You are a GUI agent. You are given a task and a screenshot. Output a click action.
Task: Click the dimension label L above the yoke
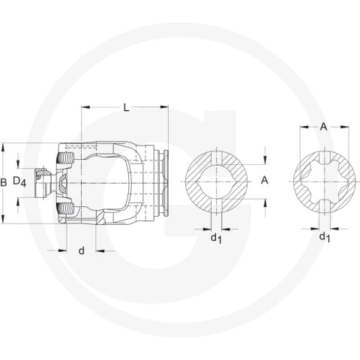click(x=127, y=108)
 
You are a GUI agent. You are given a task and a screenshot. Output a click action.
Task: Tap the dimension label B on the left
click(x=4, y=183)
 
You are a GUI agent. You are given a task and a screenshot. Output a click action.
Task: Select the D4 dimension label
click(x=19, y=181)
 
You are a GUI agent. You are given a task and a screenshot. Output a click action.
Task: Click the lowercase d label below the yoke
click(x=82, y=250)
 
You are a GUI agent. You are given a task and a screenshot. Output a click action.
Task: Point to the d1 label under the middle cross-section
click(x=216, y=238)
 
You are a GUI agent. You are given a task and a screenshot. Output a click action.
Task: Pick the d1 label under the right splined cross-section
click(x=325, y=237)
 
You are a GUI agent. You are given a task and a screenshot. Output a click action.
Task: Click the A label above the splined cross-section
click(x=324, y=127)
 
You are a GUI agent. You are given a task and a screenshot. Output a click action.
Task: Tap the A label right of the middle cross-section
click(x=265, y=180)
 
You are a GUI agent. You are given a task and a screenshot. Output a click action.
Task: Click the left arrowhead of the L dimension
click(x=85, y=107)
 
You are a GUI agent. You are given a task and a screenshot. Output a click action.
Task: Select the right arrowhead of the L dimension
click(x=164, y=107)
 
